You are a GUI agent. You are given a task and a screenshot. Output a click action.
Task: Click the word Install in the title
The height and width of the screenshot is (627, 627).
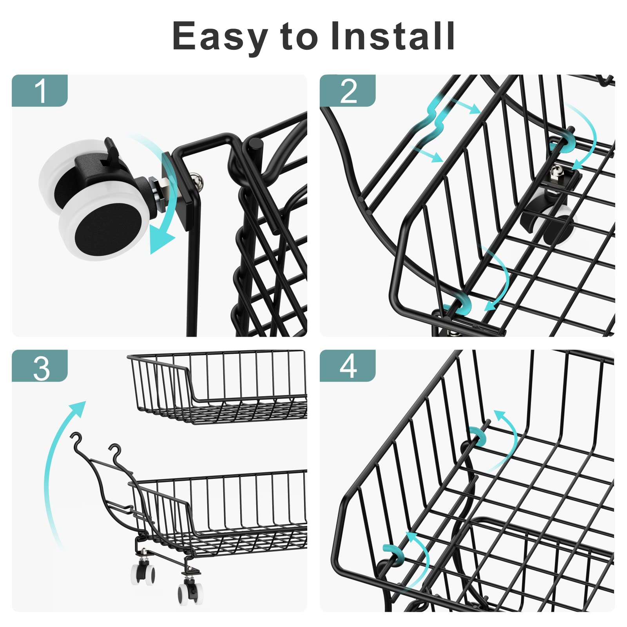(392, 36)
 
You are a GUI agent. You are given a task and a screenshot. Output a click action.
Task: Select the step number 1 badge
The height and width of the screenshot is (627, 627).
(40, 91)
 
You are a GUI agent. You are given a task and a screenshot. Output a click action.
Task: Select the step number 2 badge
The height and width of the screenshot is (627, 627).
(348, 91)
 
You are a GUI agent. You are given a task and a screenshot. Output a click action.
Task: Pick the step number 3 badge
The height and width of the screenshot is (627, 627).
(40, 366)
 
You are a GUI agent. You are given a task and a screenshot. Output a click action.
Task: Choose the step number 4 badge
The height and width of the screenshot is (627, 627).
(348, 366)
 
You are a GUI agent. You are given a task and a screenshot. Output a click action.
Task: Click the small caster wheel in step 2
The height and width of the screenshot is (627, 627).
(556, 227)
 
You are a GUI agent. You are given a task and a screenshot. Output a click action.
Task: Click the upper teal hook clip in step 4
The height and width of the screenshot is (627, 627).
(477, 436)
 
